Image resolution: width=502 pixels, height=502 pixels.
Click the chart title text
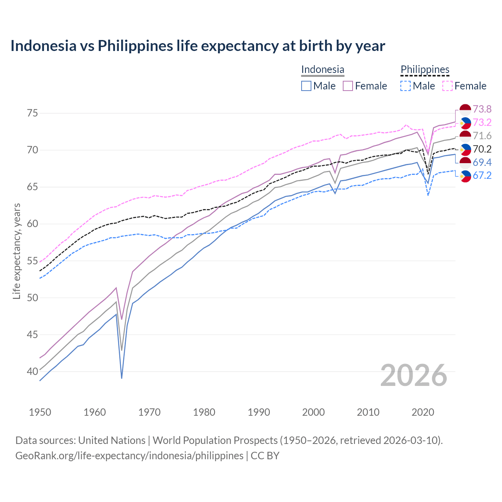pos(198,46)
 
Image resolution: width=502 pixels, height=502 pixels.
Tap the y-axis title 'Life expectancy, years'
pos(16,251)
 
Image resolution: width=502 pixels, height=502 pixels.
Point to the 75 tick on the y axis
pos(33,113)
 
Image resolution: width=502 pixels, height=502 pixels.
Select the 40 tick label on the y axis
pos(33,371)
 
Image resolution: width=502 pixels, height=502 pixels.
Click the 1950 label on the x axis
pos(40,412)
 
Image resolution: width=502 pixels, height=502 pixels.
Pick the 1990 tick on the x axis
pos(259,412)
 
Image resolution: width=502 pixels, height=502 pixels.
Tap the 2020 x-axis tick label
pos(423,412)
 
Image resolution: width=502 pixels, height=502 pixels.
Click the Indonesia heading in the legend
pos(322,70)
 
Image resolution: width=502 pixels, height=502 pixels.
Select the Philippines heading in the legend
pos(425,70)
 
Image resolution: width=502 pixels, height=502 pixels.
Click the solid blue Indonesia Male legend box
pos(306,86)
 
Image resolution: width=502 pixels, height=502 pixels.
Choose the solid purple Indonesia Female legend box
pos(348,86)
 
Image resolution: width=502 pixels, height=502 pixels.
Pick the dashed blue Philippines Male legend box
pos(406,86)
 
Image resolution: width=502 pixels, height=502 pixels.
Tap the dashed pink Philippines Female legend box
pos(447,86)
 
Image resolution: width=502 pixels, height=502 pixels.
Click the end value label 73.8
pos(482,109)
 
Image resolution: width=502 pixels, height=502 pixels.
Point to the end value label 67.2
pos(482,175)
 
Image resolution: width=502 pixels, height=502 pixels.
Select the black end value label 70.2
pos(482,149)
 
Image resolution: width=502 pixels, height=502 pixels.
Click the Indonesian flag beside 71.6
pos(465,136)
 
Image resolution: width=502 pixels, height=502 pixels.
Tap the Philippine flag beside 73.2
pos(465,123)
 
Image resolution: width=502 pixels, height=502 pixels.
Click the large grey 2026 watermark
pos(413,375)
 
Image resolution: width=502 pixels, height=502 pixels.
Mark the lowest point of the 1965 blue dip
pos(122,378)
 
